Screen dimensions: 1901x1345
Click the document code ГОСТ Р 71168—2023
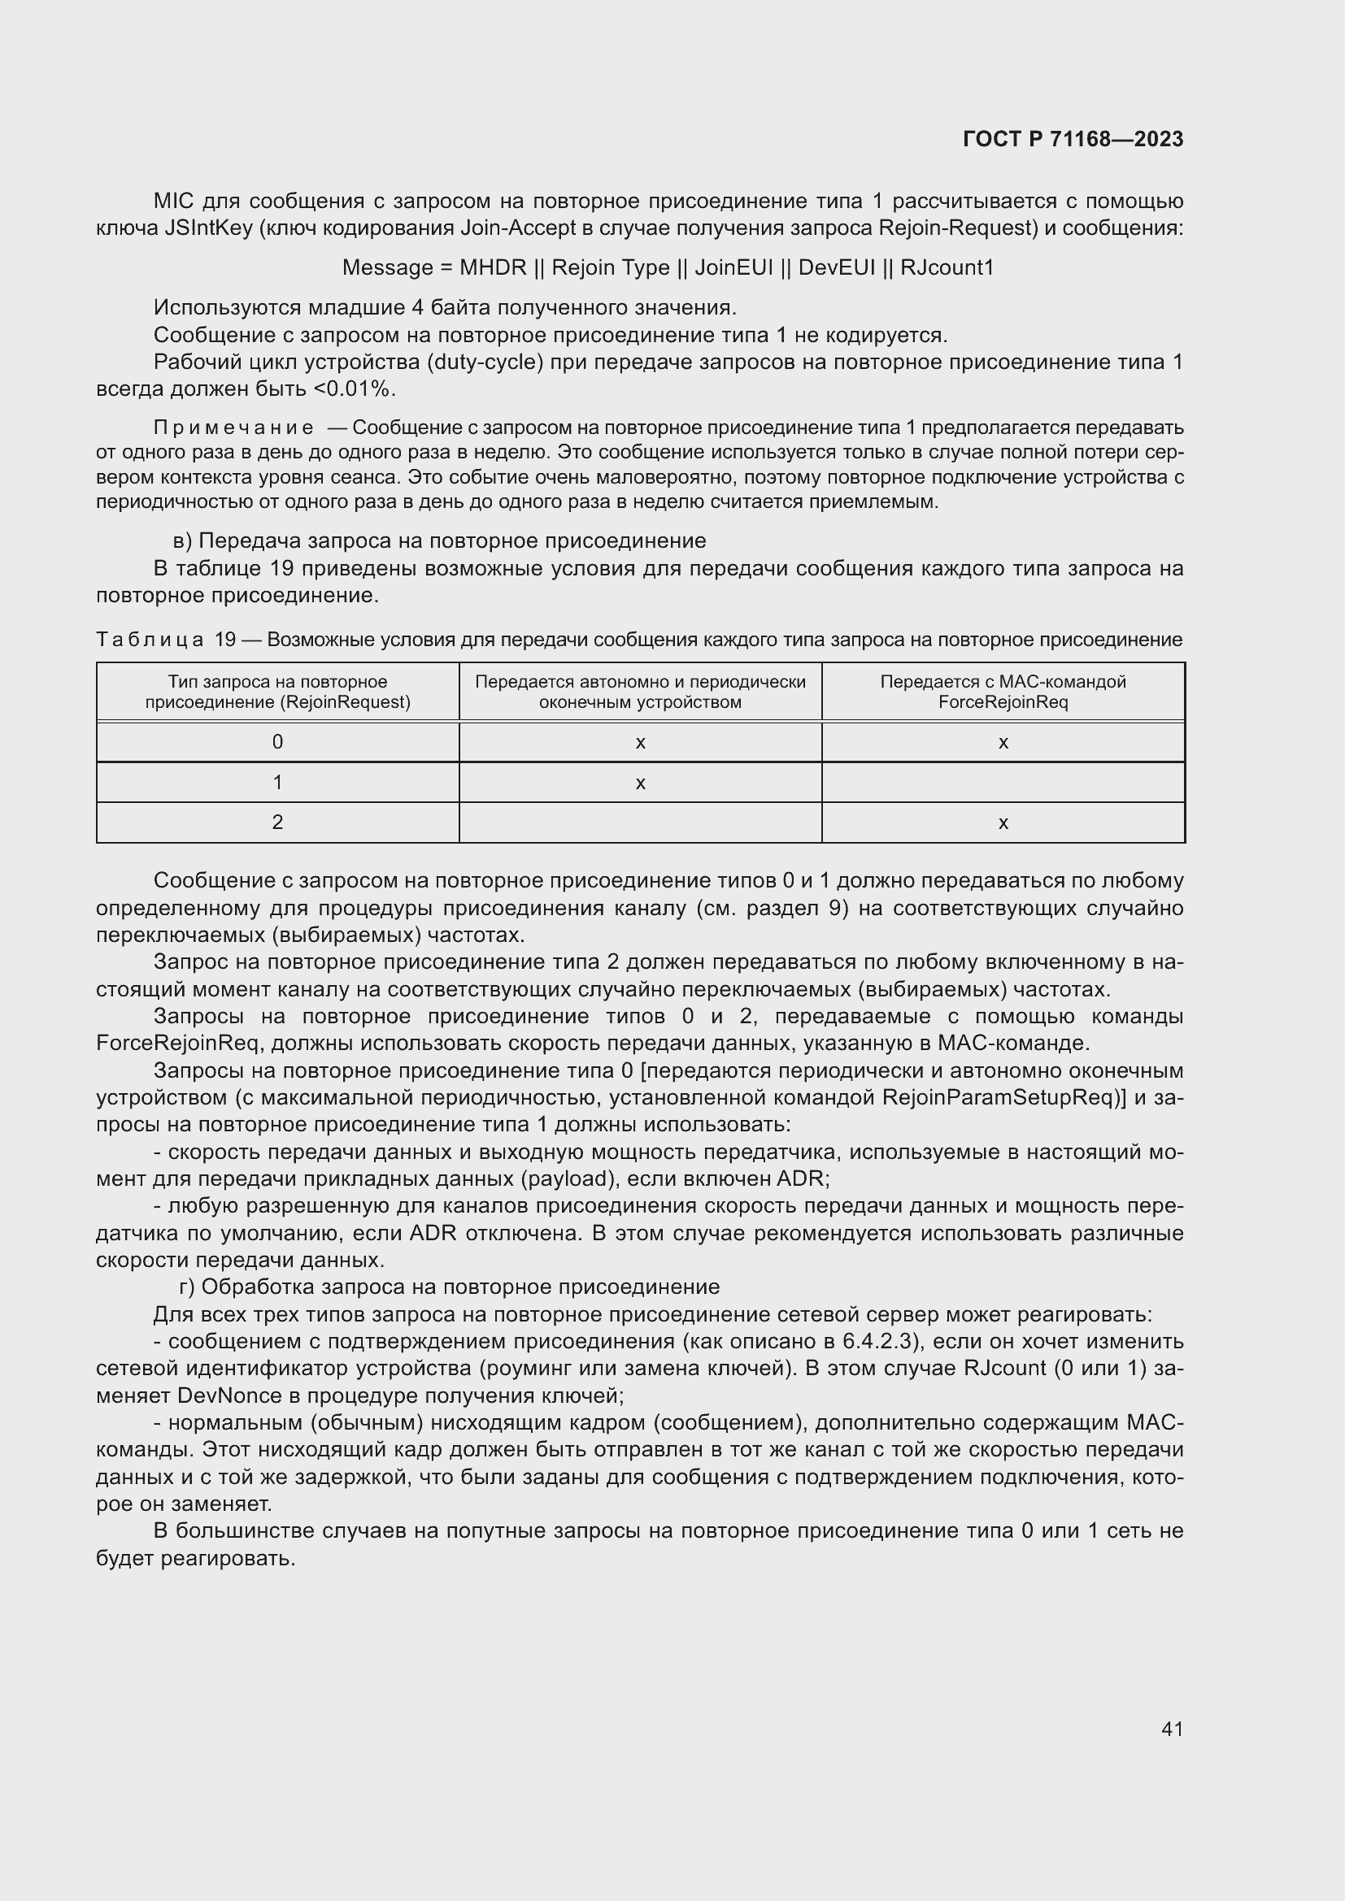(1073, 139)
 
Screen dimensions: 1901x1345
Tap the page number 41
(1172, 1729)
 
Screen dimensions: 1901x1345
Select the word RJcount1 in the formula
(947, 267)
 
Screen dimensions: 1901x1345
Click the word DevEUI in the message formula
(837, 267)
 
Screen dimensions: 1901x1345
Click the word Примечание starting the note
(233, 428)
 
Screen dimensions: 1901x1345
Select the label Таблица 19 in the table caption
(166, 640)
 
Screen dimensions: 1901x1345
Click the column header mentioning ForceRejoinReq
(1003, 692)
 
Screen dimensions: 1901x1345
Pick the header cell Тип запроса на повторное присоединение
(277, 692)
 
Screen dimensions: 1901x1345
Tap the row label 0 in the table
(277, 742)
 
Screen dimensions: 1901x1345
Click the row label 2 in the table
(277, 822)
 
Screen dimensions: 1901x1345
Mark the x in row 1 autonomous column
(640, 783)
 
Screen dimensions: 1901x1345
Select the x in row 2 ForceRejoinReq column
(1003, 823)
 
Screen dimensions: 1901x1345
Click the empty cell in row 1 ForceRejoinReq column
(1003, 783)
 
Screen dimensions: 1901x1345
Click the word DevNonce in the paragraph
(229, 1395)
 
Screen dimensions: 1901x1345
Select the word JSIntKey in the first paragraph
(208, 228)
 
